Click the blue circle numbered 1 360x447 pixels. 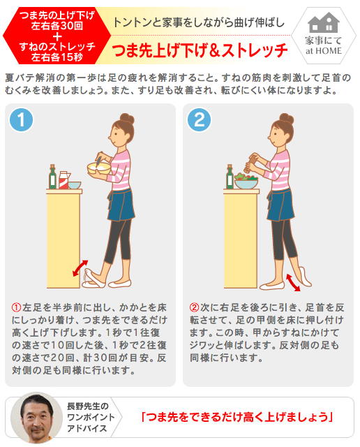(21, 119)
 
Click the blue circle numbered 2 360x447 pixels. (199, 119)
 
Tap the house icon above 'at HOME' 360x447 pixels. (324, 22)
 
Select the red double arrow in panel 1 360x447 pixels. (80, 268)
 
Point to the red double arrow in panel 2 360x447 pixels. (293, 282)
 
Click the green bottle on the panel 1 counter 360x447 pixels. (52, 177)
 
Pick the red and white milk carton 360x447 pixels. (63, 180)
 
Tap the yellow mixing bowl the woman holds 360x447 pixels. (99, 168)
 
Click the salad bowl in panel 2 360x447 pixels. (246, 182)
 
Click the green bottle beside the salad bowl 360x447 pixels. (230, 177)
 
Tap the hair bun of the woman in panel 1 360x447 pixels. (127, 119)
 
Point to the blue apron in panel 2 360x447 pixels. (280, 205)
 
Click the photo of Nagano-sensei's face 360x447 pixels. (36, 418)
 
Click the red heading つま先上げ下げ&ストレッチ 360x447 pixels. (200, 50)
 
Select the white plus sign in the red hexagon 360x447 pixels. (57, 37)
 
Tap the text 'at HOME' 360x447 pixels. (324, 51)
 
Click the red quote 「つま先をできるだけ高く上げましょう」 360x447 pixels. (237, 417)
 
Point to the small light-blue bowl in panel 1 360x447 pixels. (75, 184)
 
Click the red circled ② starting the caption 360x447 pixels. (194, 307)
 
